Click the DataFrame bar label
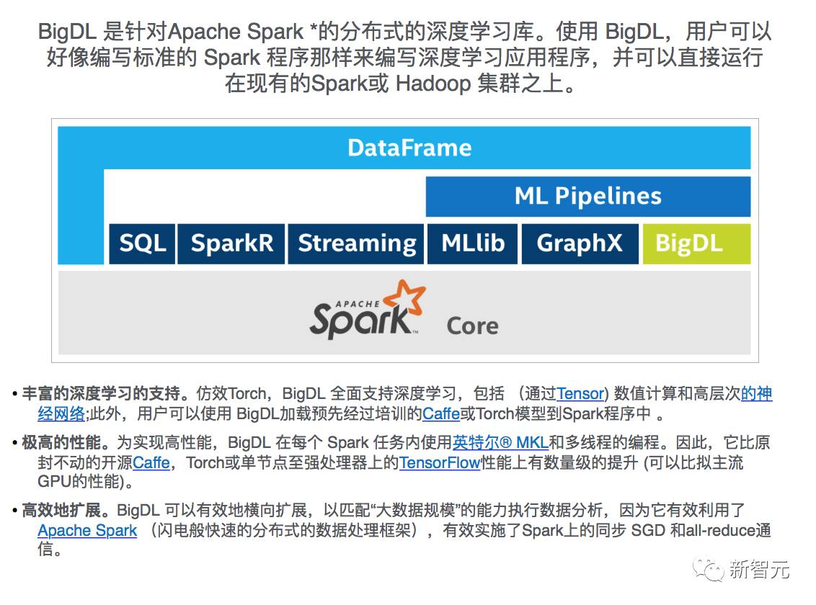(409, 148)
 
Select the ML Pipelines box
(587, 196)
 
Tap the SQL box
(142, 243)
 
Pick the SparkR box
(231, 243)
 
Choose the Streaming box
(357, 243)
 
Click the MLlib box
(473, 243)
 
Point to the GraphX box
(579, 243)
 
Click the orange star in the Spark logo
(403, 298)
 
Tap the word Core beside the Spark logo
(472, 326)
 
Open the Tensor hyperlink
(580, 394)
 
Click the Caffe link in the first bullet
(441, 414)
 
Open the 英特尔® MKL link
(500, 443)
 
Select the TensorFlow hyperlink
(440, 462)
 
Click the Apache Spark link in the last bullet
(87, 531)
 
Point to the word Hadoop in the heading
(432, 83)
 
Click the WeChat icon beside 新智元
(709, 570)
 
